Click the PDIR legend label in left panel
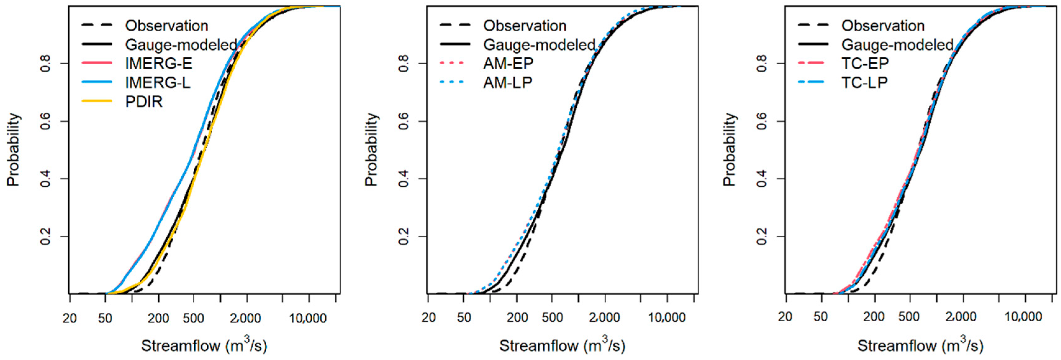[x=144, y=101]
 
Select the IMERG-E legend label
[x=159, y=63]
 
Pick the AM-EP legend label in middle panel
[x=508, y=63]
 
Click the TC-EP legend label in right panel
[x=865, y=63]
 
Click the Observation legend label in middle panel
[x=525, y=25]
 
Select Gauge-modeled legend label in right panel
[x=897, y=44]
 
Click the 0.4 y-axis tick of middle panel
[x=404, y=179]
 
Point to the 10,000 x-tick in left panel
[x=308, y=318]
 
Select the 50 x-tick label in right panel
[x=820, y=317]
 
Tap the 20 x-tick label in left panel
[x=70, y=318]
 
